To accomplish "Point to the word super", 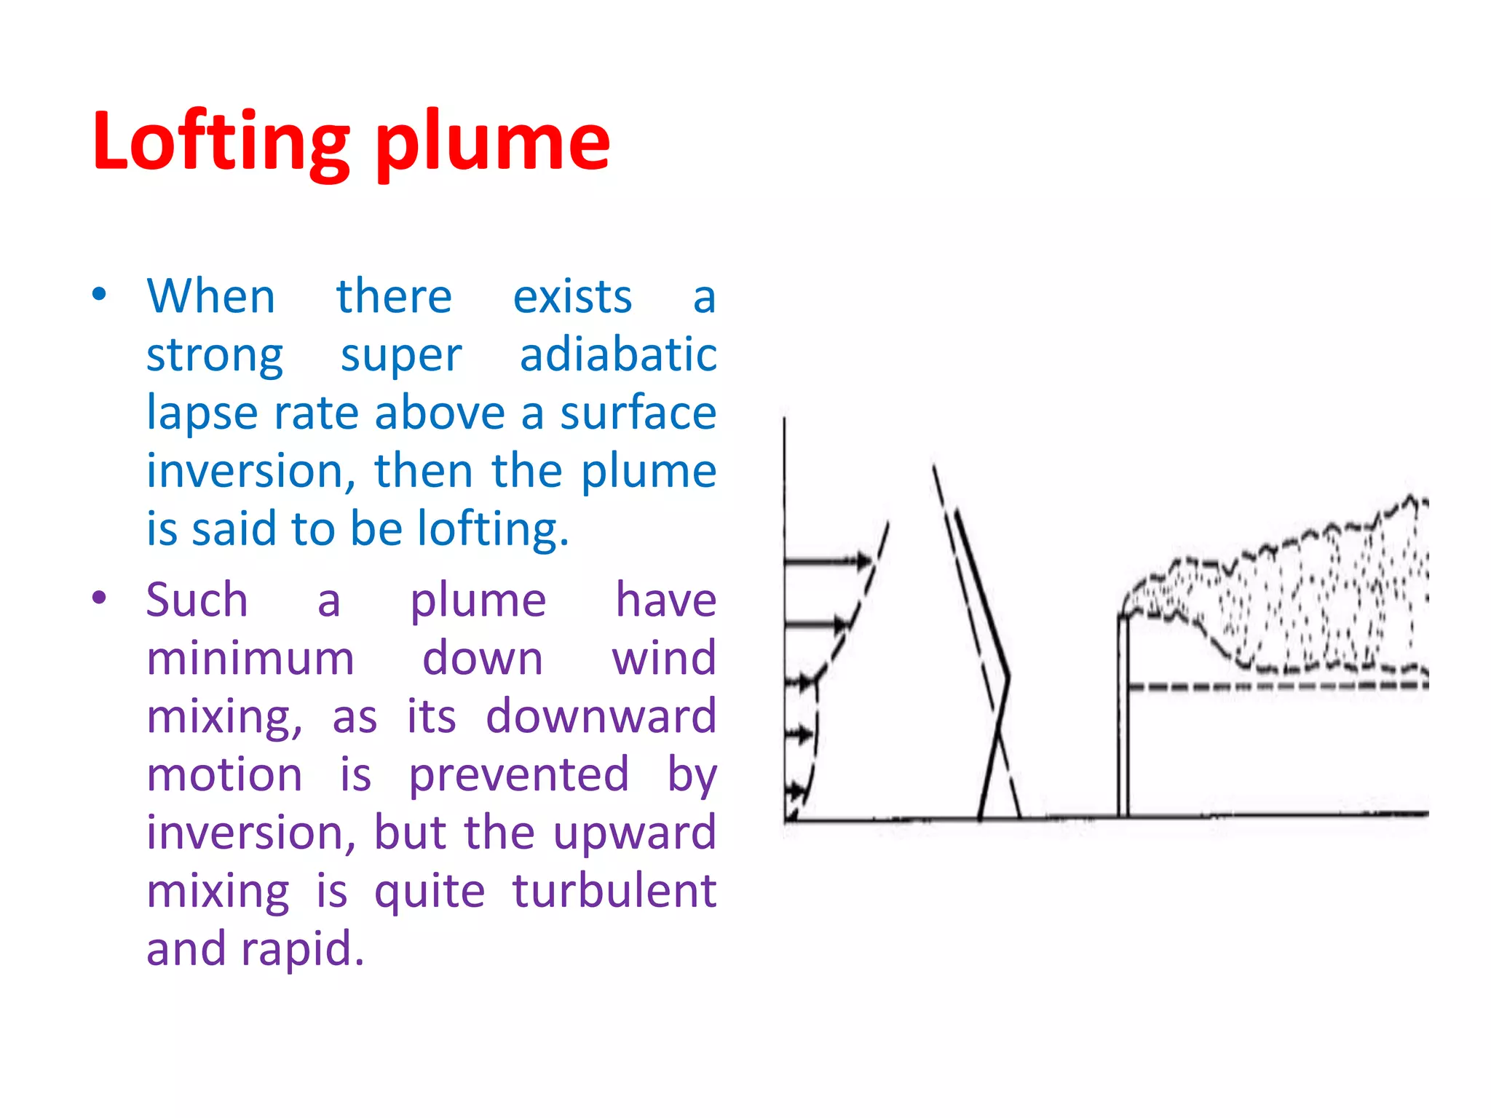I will pos(401,357).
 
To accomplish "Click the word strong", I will pos(215,357).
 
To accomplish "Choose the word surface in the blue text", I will pos(638,413).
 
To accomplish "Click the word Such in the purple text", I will pos(197,600).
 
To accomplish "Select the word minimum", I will pos(250,659).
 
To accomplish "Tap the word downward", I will pos(601,716).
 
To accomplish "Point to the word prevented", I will pos(518,774).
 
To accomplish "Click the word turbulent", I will pos(614,891).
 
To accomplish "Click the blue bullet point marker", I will pos(100,295).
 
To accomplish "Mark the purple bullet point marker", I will pos(100,598).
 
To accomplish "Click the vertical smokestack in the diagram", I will pos(1123,717).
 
